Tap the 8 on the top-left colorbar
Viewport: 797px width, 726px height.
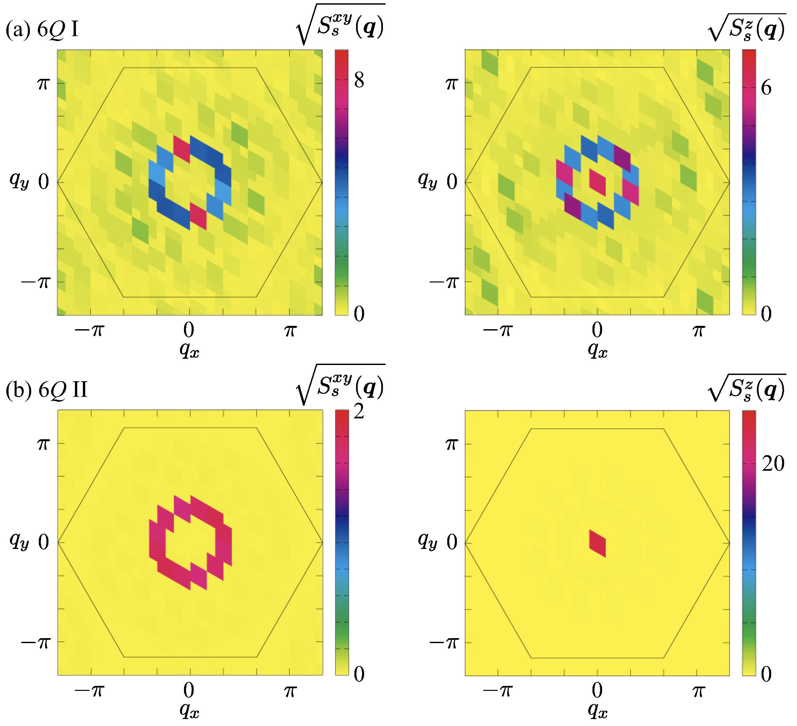[359, 81]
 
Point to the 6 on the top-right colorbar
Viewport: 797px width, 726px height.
[766, 88]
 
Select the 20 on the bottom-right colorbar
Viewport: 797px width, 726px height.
[773, 463]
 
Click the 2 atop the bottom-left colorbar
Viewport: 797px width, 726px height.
[359, 412]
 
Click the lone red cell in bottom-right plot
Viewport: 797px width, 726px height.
[597, 543]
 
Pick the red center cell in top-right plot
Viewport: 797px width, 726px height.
[597, 183]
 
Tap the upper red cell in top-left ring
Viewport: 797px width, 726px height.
[181, 149]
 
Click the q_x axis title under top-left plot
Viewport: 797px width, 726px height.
[189, 349]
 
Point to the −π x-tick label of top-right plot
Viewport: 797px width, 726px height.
[497, 330]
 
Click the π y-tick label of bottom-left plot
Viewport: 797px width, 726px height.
[43, 444]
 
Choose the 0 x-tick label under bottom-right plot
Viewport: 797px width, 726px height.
[597, 691]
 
